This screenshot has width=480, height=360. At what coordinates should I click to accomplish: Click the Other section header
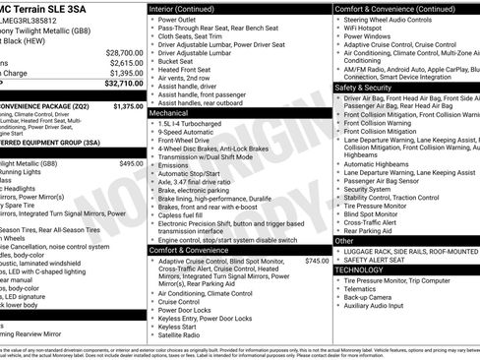pos(345,240)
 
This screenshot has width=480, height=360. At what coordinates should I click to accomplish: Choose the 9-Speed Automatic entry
pos(187,134)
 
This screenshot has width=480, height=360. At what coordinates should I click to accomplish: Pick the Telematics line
pos(363,289)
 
